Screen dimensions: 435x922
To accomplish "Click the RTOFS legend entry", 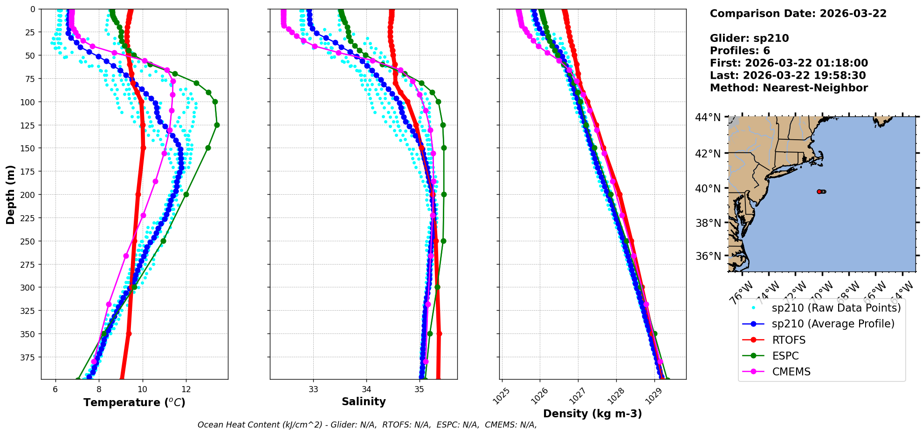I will tap(789, 340).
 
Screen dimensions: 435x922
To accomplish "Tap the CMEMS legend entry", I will tap(791, 372).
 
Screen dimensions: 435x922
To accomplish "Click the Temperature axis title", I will tap(134, 402).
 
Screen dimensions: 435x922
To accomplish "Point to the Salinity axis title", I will tap(364, 401).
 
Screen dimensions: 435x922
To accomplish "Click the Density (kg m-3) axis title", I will tap(592, 414).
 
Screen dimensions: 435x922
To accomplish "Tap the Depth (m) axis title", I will tap(10, 194).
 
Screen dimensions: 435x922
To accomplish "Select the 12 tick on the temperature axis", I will tap(186, 389).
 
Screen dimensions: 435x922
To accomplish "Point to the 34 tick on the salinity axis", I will tap(366, 389).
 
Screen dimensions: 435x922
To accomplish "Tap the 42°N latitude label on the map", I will tap(708, 153).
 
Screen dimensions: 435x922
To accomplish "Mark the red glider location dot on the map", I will tap(819, 191).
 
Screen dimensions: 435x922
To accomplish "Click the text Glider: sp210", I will tap(749, 38).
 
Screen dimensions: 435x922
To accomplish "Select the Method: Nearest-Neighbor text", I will tap(789, 88).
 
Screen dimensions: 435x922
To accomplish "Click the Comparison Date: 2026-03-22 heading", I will tap(798, 14).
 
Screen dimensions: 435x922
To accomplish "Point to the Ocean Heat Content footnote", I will tap(367, 425).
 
